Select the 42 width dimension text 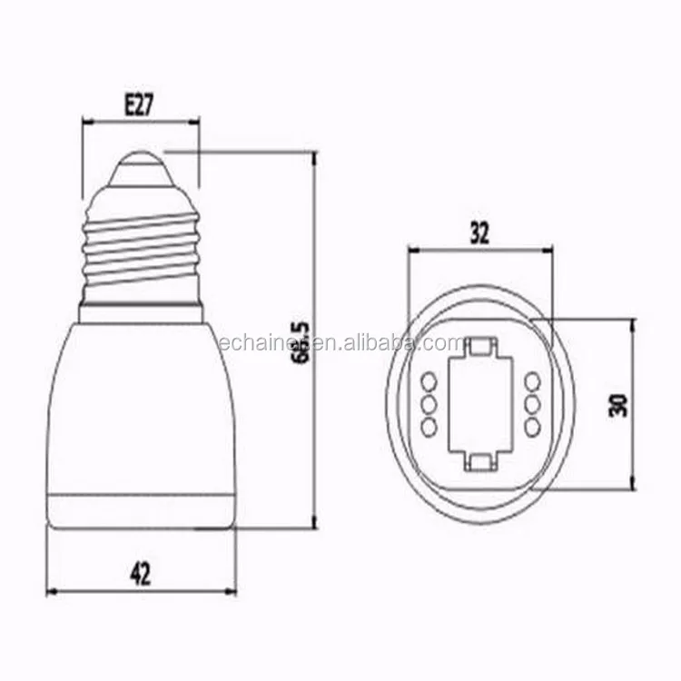pos(140,573)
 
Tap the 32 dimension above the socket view pos(479,233)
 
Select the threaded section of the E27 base pos(141,245)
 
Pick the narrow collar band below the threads pos(141,314)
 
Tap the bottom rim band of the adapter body pos(141,512)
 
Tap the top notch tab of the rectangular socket pos(479,345)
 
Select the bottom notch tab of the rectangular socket pos(479,461)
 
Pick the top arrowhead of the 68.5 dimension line pos(313,157)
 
